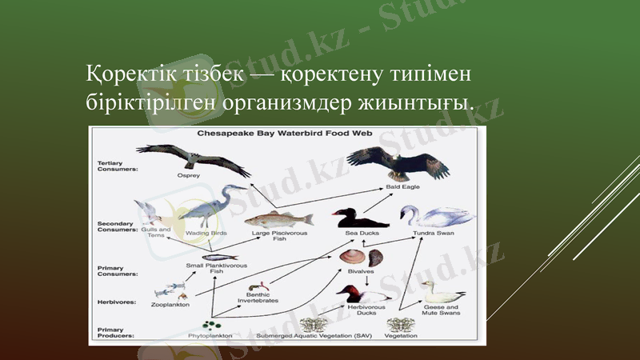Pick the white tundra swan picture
(434, 216)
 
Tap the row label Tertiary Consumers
(116, 166)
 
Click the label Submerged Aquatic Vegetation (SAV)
(323, 336)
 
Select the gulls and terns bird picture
(150, 212)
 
